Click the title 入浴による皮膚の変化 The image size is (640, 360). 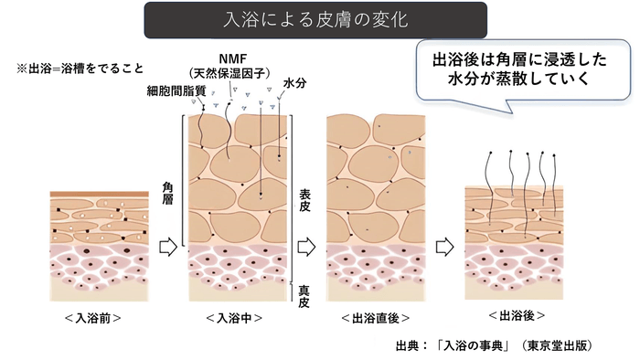coord(315,19)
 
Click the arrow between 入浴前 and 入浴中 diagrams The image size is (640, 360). coord(167,246)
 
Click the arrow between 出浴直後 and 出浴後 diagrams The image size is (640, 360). coord(445,246)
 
